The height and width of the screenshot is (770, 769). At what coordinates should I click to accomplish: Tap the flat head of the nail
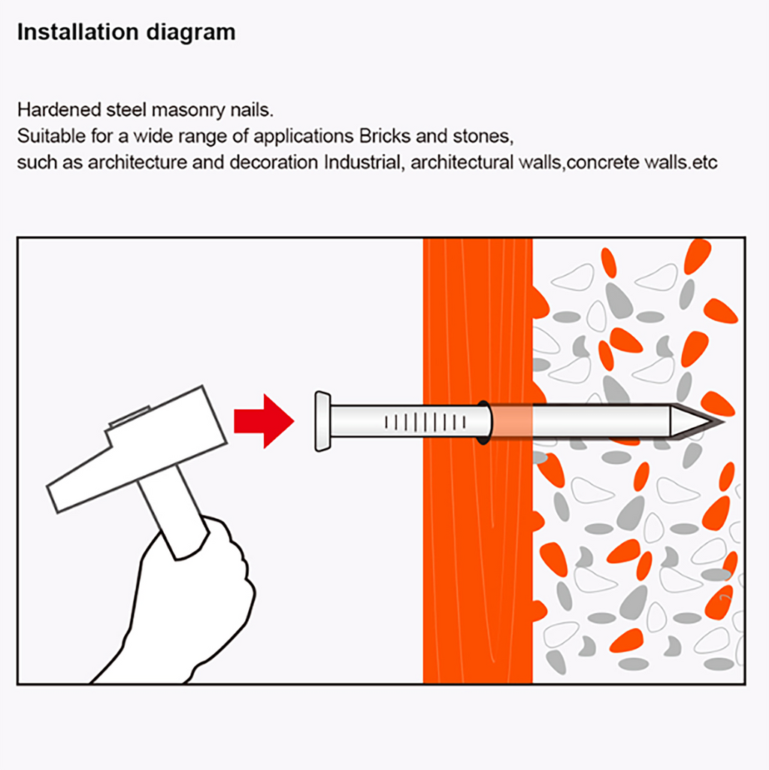point(322,421)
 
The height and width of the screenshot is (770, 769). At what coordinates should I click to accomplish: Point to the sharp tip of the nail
point(723,421)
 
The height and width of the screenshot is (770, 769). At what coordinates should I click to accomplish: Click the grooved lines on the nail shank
point(425,422)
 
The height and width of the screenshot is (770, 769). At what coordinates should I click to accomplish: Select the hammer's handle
point(172,511)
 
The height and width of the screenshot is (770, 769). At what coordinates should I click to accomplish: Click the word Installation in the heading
point(78,32)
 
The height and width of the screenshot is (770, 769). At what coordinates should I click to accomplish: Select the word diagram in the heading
point(191,33)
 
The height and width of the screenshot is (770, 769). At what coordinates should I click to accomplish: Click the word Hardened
point(59,110)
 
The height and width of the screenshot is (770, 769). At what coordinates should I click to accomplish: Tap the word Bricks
point(385,136)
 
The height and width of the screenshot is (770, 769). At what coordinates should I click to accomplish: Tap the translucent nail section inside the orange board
point(511,421)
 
